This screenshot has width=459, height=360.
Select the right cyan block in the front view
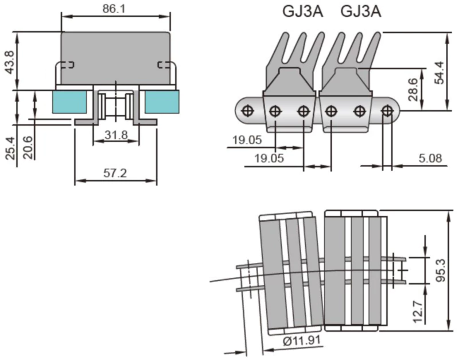(x=161, y=102)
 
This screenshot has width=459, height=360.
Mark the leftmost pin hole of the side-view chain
(x=248, y=110)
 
